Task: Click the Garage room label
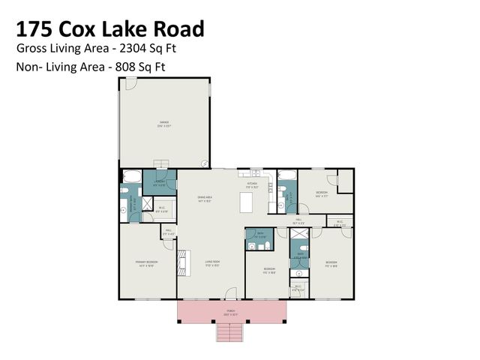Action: [163, 122]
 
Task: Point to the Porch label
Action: [231, 310]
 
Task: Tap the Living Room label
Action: [212, 262]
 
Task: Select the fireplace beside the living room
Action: [181, 262]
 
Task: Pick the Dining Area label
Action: [205, 198]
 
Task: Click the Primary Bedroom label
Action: [145, 262]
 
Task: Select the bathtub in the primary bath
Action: [130, 178]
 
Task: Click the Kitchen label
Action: [253, 182]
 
